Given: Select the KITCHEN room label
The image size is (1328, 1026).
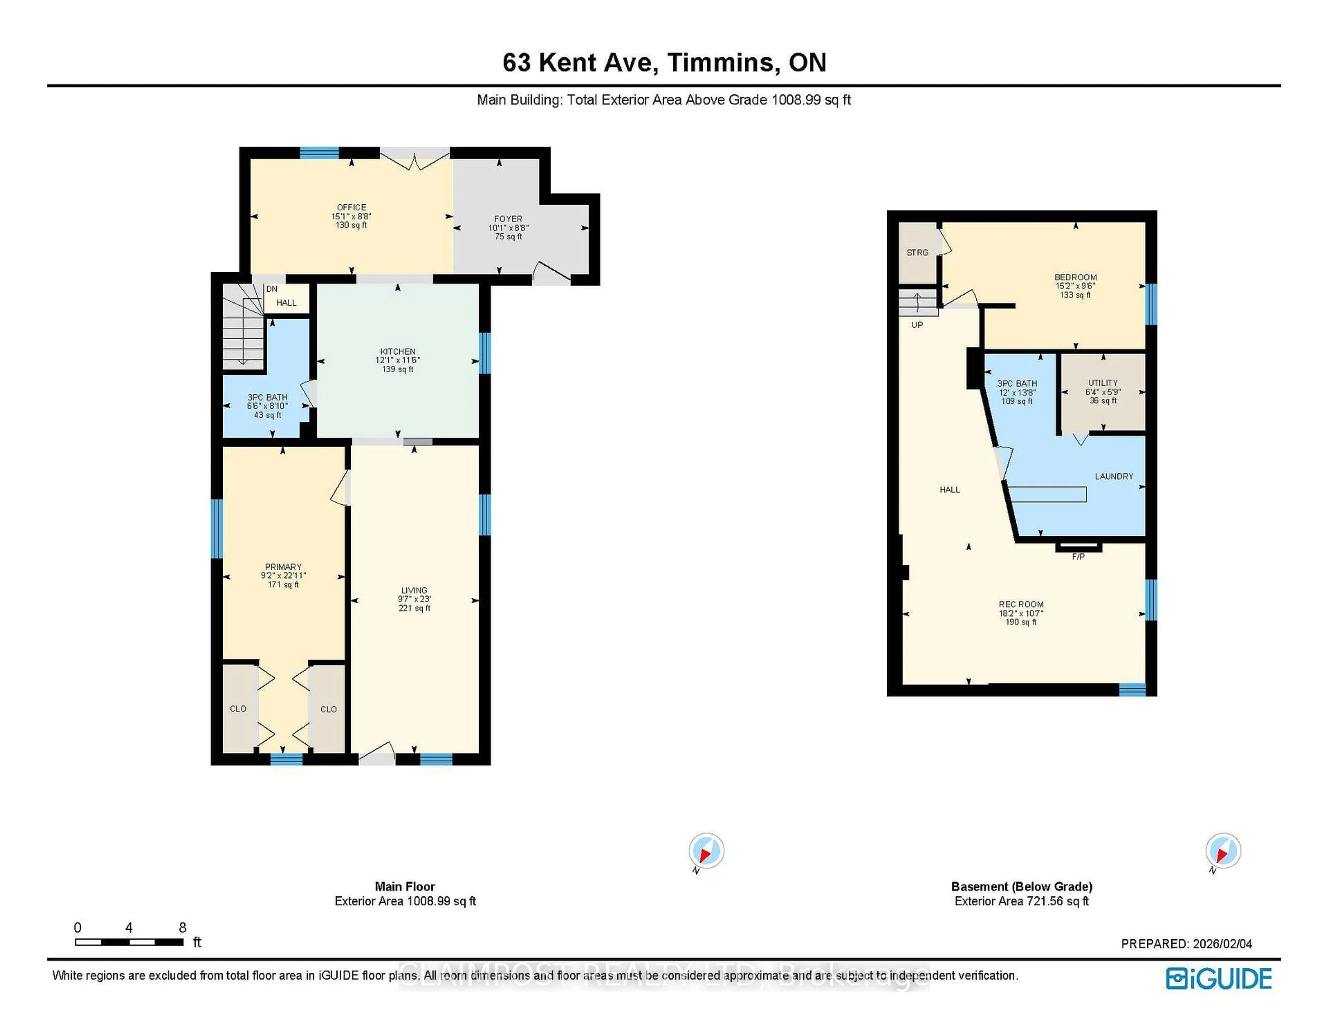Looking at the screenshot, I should [x=398, y=351].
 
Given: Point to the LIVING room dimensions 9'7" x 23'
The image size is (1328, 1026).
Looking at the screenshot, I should [x=414, y=599].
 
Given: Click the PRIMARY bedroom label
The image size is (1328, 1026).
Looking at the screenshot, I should [x=283, y=567].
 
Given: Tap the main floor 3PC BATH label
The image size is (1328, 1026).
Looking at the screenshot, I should [x=268, y=397].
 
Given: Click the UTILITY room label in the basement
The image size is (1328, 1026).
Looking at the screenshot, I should [x=1103, y=383].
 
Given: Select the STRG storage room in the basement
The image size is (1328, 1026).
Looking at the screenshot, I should [x=917, y=252].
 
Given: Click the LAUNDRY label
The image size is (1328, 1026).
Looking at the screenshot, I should [x=1114, y=477].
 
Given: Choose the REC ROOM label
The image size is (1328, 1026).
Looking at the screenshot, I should [x=1021, y=604].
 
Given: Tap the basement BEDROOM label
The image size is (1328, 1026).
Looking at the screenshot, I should [x=1075, y=277].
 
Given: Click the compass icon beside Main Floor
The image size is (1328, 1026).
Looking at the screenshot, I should [x=706, y=850].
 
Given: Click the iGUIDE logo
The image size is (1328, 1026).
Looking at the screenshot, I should [x=1219, y=979].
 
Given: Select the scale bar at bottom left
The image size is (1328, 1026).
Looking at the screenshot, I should [x=129, y=942].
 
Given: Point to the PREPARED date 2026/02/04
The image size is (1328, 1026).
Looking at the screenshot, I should [x=1186, y=944].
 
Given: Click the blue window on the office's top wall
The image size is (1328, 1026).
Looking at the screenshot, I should [x=319, y=152].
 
